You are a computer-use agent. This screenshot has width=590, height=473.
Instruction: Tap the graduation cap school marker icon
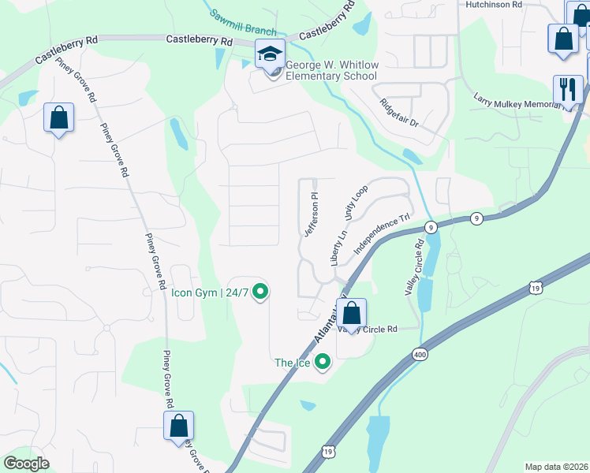270,54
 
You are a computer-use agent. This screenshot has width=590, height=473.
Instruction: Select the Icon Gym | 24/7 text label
210,292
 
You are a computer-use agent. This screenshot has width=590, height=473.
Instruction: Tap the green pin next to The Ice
322,363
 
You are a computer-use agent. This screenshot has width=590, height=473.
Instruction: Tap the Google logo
27,464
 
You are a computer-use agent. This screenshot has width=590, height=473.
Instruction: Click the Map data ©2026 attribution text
555,467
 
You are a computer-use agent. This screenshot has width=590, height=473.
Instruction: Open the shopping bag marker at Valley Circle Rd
352,314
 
